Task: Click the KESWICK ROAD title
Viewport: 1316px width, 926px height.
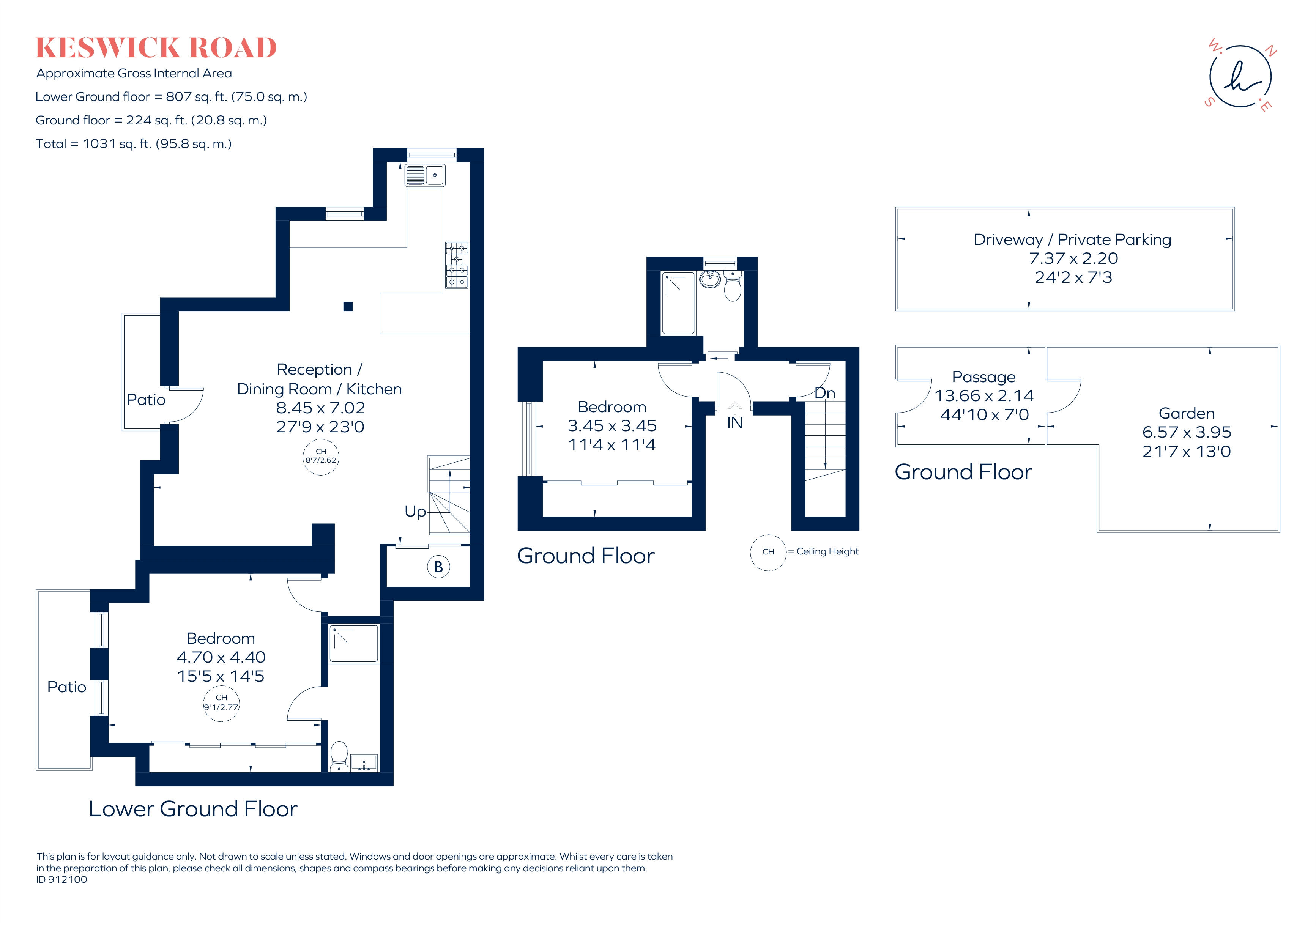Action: tap(156, 47)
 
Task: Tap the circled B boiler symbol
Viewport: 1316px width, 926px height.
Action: tap(438, 567)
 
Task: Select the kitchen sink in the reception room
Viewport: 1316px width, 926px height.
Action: tap(425, 175)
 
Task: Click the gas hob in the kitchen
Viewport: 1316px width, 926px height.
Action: tap(456, 265)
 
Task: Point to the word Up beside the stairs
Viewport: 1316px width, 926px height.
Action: tap(415, 511)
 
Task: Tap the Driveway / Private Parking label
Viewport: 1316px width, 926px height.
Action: tap(1072, 239)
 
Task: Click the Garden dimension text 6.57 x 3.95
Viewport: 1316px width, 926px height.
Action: tap(1187, 432)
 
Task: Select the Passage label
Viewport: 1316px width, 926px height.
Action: tap(983, 377)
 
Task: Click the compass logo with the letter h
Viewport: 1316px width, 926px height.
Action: tap(1240, 77)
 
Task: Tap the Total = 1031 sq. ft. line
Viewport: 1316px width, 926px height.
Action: tap(134, 144)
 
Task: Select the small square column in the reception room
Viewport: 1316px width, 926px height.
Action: tap(348, 307)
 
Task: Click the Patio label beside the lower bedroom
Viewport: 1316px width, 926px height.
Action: tap(66, 687)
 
